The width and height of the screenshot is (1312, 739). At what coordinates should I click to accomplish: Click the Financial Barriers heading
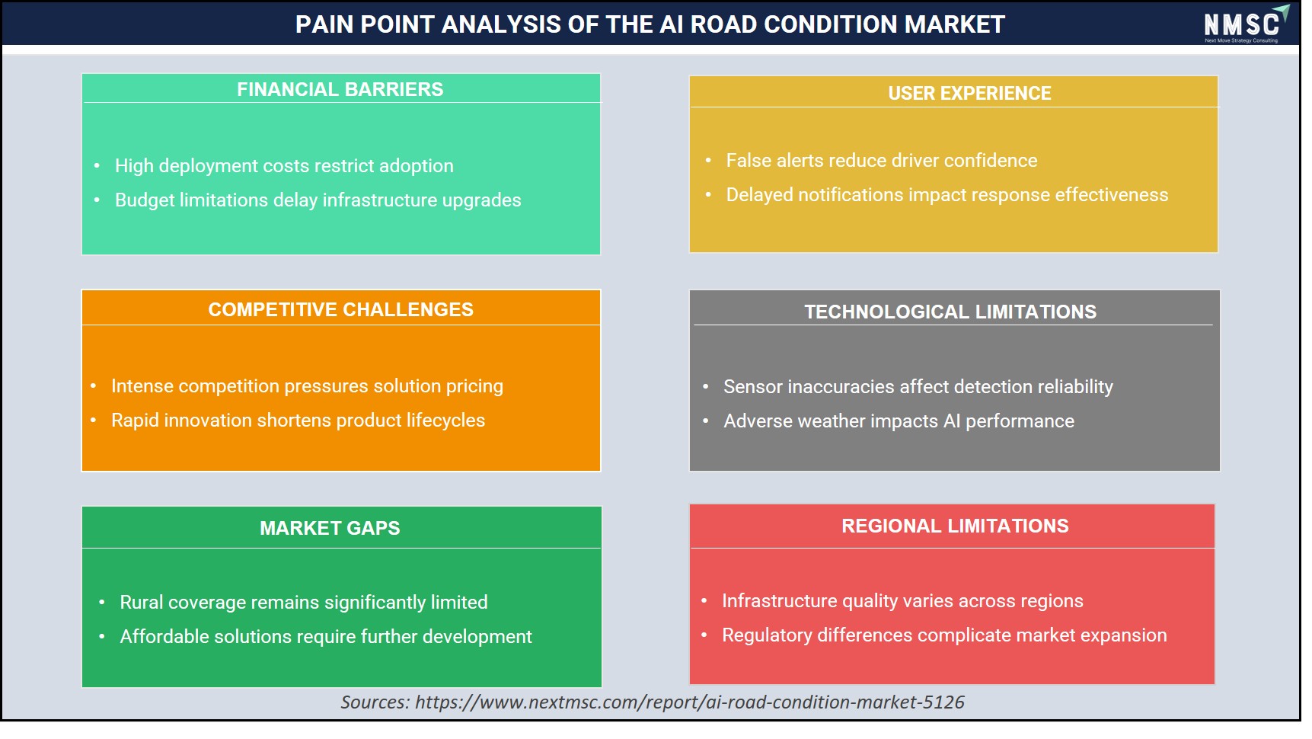pyautogui.click(x=340, y=89)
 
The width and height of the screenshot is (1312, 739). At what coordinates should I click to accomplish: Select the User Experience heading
pyautogui.click(x=969, y=93)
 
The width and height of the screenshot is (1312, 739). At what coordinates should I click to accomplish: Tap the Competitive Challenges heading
pyautogui.click(x=340, y=309)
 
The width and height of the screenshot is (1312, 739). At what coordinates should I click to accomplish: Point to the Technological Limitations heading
pyautogui.click(x=950, y=312)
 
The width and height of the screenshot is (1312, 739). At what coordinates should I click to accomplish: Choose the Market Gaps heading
pyautogui.click(x=330, y=528)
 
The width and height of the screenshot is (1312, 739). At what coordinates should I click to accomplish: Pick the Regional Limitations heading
pyautogui.click(x=955, y=526)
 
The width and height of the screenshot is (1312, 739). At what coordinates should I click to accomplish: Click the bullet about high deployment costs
pyautogui.click(x=284, y=166)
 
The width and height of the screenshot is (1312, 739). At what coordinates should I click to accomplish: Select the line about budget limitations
pyautogui.click(x=318, y=200)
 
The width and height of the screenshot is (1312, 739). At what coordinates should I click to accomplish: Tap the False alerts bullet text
pyautogui.click(x=882, y=161)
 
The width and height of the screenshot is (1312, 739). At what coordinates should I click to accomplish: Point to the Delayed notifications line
pyautogui.click(x=947, y=195)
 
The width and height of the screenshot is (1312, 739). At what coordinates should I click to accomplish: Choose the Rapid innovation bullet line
pyautogui.click(x=298, y=421)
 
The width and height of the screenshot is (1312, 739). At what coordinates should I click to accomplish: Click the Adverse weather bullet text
pyautogui.click(x=899, y=421)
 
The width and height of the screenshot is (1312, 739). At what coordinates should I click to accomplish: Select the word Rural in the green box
pyautogui.click(x=142, y=603)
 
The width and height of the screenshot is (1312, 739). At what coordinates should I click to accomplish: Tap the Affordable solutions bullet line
pyautogui.click(x=326, y=637)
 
